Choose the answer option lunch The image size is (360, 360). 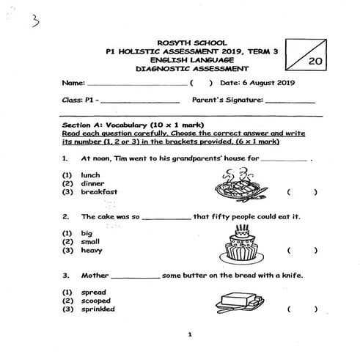point(90,175)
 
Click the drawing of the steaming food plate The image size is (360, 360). point(234,184)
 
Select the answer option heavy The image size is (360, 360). point(92,251)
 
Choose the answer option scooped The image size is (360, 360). point(96,301)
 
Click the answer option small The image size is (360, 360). point(91,242)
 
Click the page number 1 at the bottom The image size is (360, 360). point(189,335)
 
